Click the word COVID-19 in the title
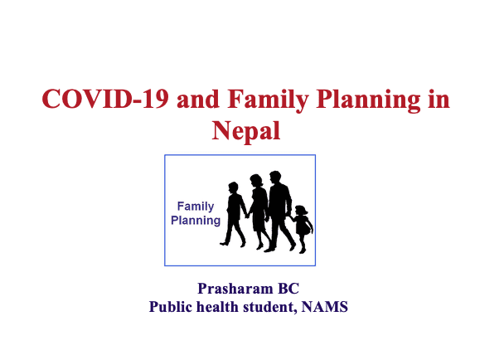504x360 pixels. coord(105,99)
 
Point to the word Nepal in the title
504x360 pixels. coord(246,131)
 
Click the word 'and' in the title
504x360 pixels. coord(197,100)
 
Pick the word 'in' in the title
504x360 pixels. coord(439,100)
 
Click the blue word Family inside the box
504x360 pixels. coord(196,207)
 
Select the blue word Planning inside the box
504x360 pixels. coord(196,221)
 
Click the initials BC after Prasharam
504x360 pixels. coord(288,289)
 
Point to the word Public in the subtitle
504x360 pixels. coord(171,307)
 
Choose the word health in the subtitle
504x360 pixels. coord(217,307)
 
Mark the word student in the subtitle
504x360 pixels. coord(269,307)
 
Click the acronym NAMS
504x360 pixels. coord(325,307)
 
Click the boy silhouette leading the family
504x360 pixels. coord(234,212)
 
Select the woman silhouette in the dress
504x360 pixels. coord(258,209)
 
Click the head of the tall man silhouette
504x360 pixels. coord(275,177)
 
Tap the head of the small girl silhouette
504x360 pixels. coord(301,211)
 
